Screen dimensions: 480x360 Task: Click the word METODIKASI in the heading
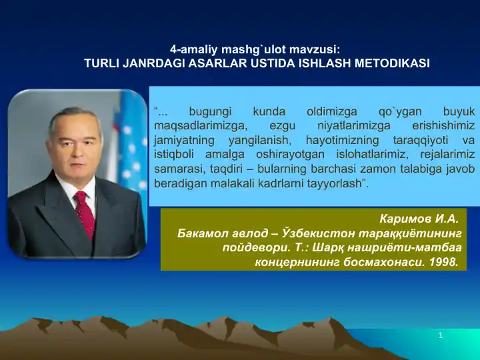[392, 63]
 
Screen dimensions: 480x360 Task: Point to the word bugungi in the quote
[210, 112]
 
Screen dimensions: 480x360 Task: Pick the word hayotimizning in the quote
[342, 141]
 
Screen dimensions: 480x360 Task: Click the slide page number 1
[441, 336]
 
